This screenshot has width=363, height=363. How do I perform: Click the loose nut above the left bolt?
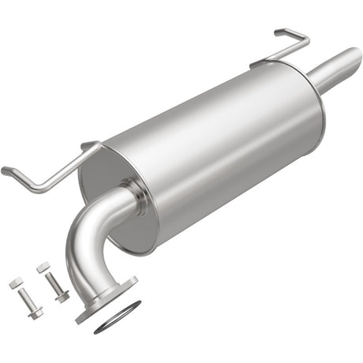(16, 282)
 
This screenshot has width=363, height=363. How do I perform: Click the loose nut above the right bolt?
(43, 268)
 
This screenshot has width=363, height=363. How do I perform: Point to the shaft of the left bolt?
(27, 299)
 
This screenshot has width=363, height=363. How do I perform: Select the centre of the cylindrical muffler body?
(213, 150)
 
